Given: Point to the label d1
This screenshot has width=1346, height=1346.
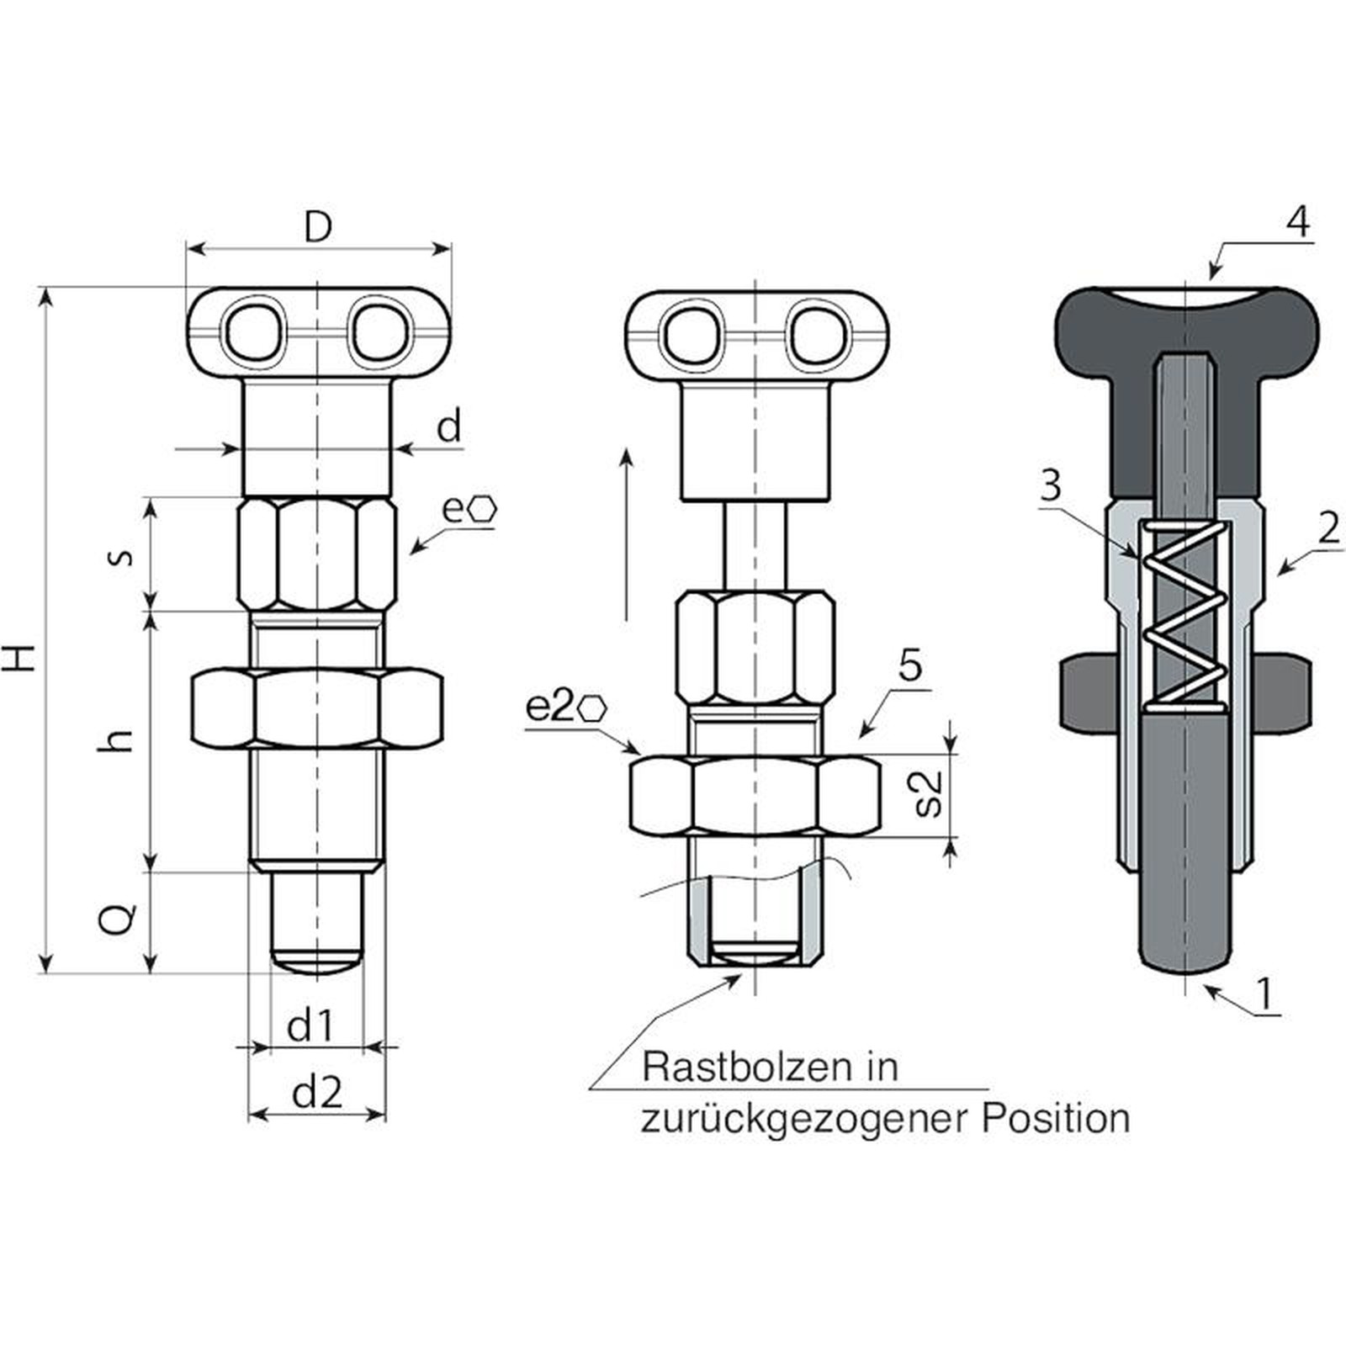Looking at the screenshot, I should (x=310, y=1026).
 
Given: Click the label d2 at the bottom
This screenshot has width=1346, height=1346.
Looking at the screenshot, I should (x=317, y=1093).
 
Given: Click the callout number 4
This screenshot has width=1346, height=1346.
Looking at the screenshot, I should (x=1297, y=222).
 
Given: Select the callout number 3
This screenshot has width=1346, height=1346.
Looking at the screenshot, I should (x=1050, y=487).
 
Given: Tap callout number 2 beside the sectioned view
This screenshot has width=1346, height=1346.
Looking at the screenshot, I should (x=1328, y=528).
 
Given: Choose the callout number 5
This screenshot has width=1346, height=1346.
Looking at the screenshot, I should (x=910, y=665).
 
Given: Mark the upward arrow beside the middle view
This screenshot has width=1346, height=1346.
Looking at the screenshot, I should (x=626, y=534).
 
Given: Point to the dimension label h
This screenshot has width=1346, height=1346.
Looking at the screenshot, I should (x=121, y=739).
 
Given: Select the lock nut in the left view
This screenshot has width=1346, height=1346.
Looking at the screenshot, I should (x=317, y=707).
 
